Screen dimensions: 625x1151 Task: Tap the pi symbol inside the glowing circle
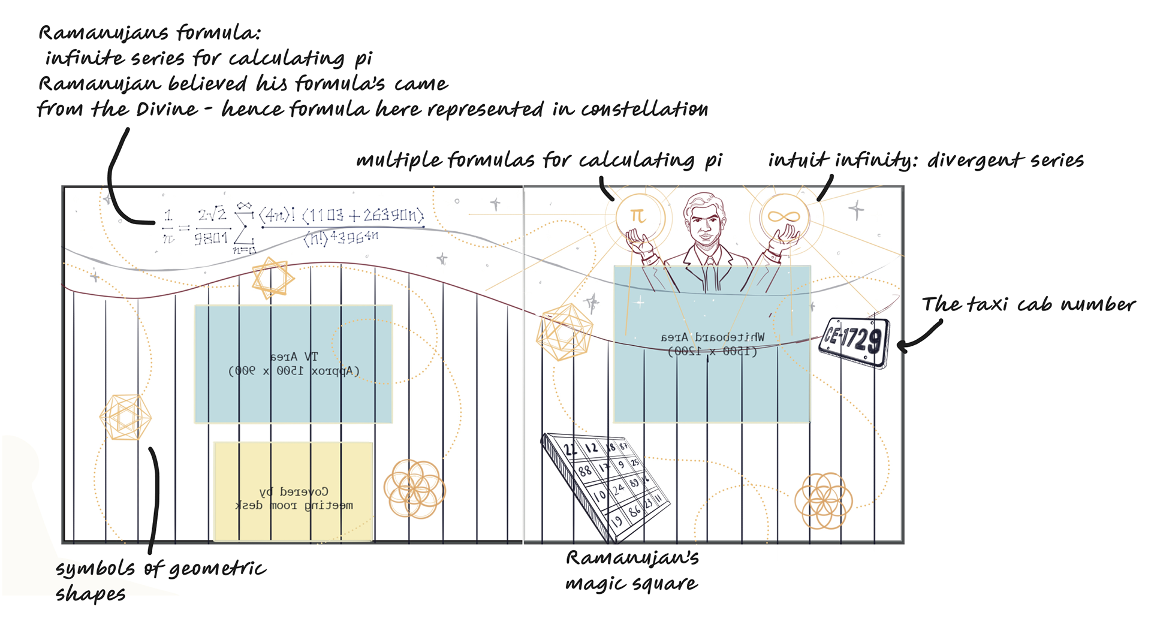tap(638, 216)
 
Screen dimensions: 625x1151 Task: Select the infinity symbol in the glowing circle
tap(784, 216)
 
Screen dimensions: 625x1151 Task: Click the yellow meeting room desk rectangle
tap(294, 491)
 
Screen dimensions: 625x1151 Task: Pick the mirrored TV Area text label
tap(294, 364)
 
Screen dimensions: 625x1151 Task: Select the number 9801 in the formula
tap(211, 238)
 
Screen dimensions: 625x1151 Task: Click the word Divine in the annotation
tap(167, 109)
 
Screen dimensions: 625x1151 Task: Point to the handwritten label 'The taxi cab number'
tap(1028, 304)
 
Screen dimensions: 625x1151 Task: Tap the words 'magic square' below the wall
tap(631, 583)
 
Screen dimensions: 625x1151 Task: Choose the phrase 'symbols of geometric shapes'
tap(160, 580)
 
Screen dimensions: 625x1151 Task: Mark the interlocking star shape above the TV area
tap(273, 278)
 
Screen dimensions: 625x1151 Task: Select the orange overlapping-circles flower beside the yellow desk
tap(414, 488)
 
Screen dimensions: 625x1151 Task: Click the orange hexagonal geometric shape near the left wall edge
tap(125, 417)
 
